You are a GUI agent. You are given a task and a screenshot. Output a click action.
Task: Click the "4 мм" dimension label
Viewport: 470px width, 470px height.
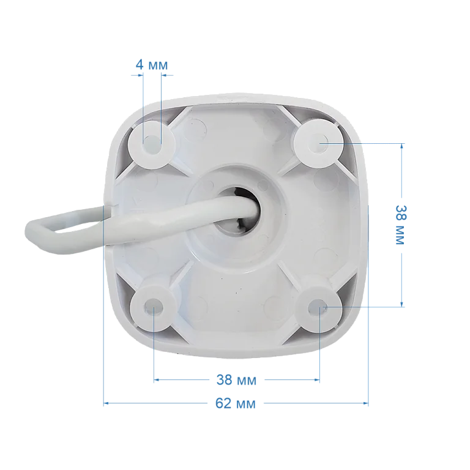pos(152,64)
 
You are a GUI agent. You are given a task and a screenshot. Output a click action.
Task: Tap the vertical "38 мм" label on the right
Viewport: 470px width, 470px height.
pos(400,225)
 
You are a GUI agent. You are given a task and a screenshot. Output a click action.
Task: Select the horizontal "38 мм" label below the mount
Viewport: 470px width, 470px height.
pos(236,380)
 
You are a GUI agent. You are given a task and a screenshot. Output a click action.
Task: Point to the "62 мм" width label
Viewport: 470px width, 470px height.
pos(236,403)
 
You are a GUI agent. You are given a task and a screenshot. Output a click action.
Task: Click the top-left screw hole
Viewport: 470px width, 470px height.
pos(152,143)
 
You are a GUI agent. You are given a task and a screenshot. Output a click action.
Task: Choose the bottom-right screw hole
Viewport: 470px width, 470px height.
pos(318,308)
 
